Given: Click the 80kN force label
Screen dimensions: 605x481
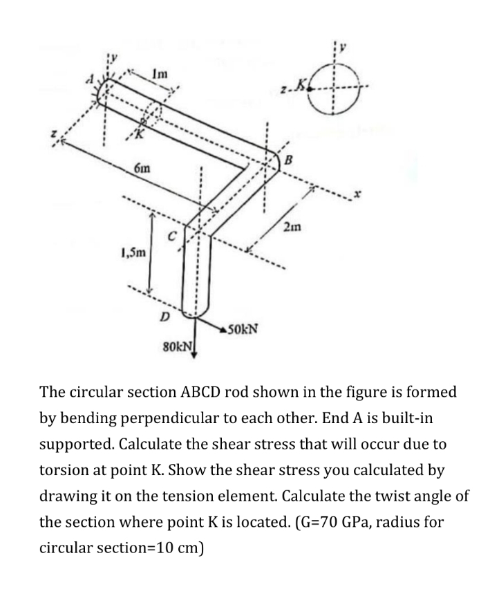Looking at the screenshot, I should pyautogui.click(x=177, y=343).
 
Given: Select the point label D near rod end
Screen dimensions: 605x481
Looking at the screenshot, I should pyautogui.click(x=164, y=317).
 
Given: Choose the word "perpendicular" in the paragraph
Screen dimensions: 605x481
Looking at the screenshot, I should pyautogui.click(x=135, y=418).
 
